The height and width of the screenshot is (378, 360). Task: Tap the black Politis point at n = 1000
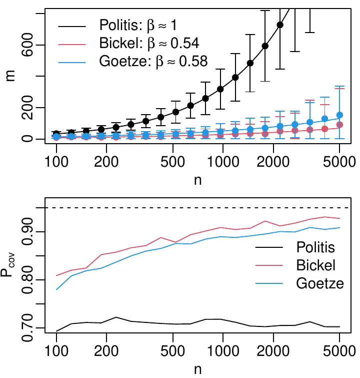220,89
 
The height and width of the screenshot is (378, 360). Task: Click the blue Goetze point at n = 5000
339,115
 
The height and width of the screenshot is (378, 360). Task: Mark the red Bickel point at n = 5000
339,124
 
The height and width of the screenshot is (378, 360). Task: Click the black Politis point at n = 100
56,134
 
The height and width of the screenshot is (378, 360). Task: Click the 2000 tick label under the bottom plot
273,350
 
